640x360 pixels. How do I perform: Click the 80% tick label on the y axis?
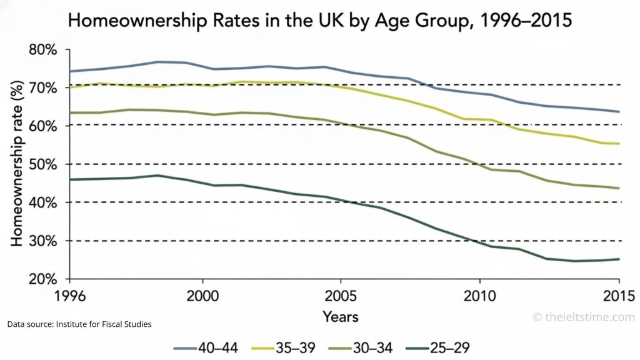point(43,49)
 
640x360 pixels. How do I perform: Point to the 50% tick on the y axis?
point(43,164)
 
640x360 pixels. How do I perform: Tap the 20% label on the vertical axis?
point(43,279)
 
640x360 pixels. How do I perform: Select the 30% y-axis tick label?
point(43,241)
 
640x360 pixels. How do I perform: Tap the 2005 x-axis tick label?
point(341,294)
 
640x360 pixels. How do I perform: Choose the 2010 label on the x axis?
point(479,294)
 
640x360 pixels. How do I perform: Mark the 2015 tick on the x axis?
point(617,294)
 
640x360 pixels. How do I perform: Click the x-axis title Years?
point(341,317)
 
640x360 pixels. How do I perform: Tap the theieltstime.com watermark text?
point(584,317)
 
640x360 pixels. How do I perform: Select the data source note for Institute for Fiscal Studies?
point(80,324)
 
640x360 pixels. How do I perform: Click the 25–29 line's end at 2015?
point(619,259)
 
